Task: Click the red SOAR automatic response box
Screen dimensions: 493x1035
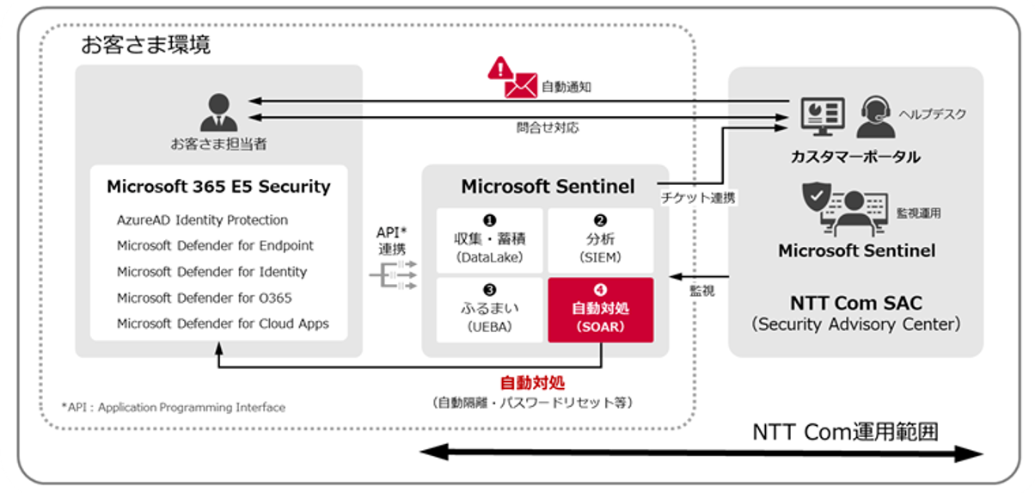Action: pos(600,310)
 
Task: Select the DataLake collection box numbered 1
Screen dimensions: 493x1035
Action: pos(489,239)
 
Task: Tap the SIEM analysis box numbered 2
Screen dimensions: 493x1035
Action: pos(600,239)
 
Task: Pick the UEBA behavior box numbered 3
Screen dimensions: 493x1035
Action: pos(489,310)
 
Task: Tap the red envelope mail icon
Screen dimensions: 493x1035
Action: pos(521,86)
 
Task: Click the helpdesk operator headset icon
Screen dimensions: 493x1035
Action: pos(875,116)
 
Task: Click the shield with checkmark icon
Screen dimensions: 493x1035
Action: pos(816,200)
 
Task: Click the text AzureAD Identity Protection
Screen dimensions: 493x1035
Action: pos(202,220)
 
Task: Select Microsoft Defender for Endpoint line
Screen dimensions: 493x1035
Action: pos(215,246)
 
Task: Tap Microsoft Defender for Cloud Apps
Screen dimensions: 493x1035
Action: pos(223,324)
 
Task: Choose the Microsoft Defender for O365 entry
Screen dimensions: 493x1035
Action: pos(204,298)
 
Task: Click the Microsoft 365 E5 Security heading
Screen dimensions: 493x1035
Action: pos(218,187)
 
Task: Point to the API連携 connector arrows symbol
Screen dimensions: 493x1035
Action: pos(392,274)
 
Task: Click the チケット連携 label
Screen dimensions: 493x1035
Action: pos(699,198)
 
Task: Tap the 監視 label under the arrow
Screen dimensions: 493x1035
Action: pos(701,292)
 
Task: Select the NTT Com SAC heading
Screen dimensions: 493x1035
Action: pos(855,304)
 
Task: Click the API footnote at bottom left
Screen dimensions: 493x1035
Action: pos(173,407)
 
